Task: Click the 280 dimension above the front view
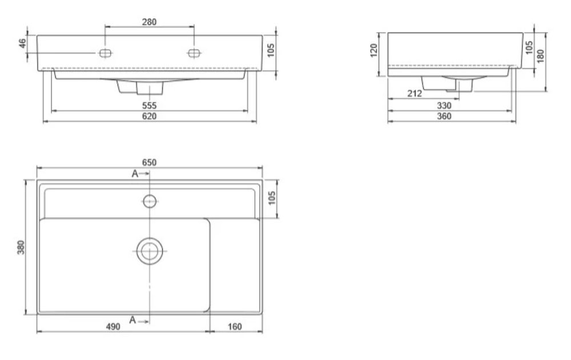click(149, 22)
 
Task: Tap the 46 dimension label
click(23, 43)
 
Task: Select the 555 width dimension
click(149, 106)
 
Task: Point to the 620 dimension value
click(149, 116)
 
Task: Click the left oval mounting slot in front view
click(105, 53)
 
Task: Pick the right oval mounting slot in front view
click(194, 53)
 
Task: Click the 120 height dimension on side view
click(373, 50)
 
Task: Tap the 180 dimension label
click(540, 55)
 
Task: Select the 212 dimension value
click(415, 94)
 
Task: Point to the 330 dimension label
click(444, 106)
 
